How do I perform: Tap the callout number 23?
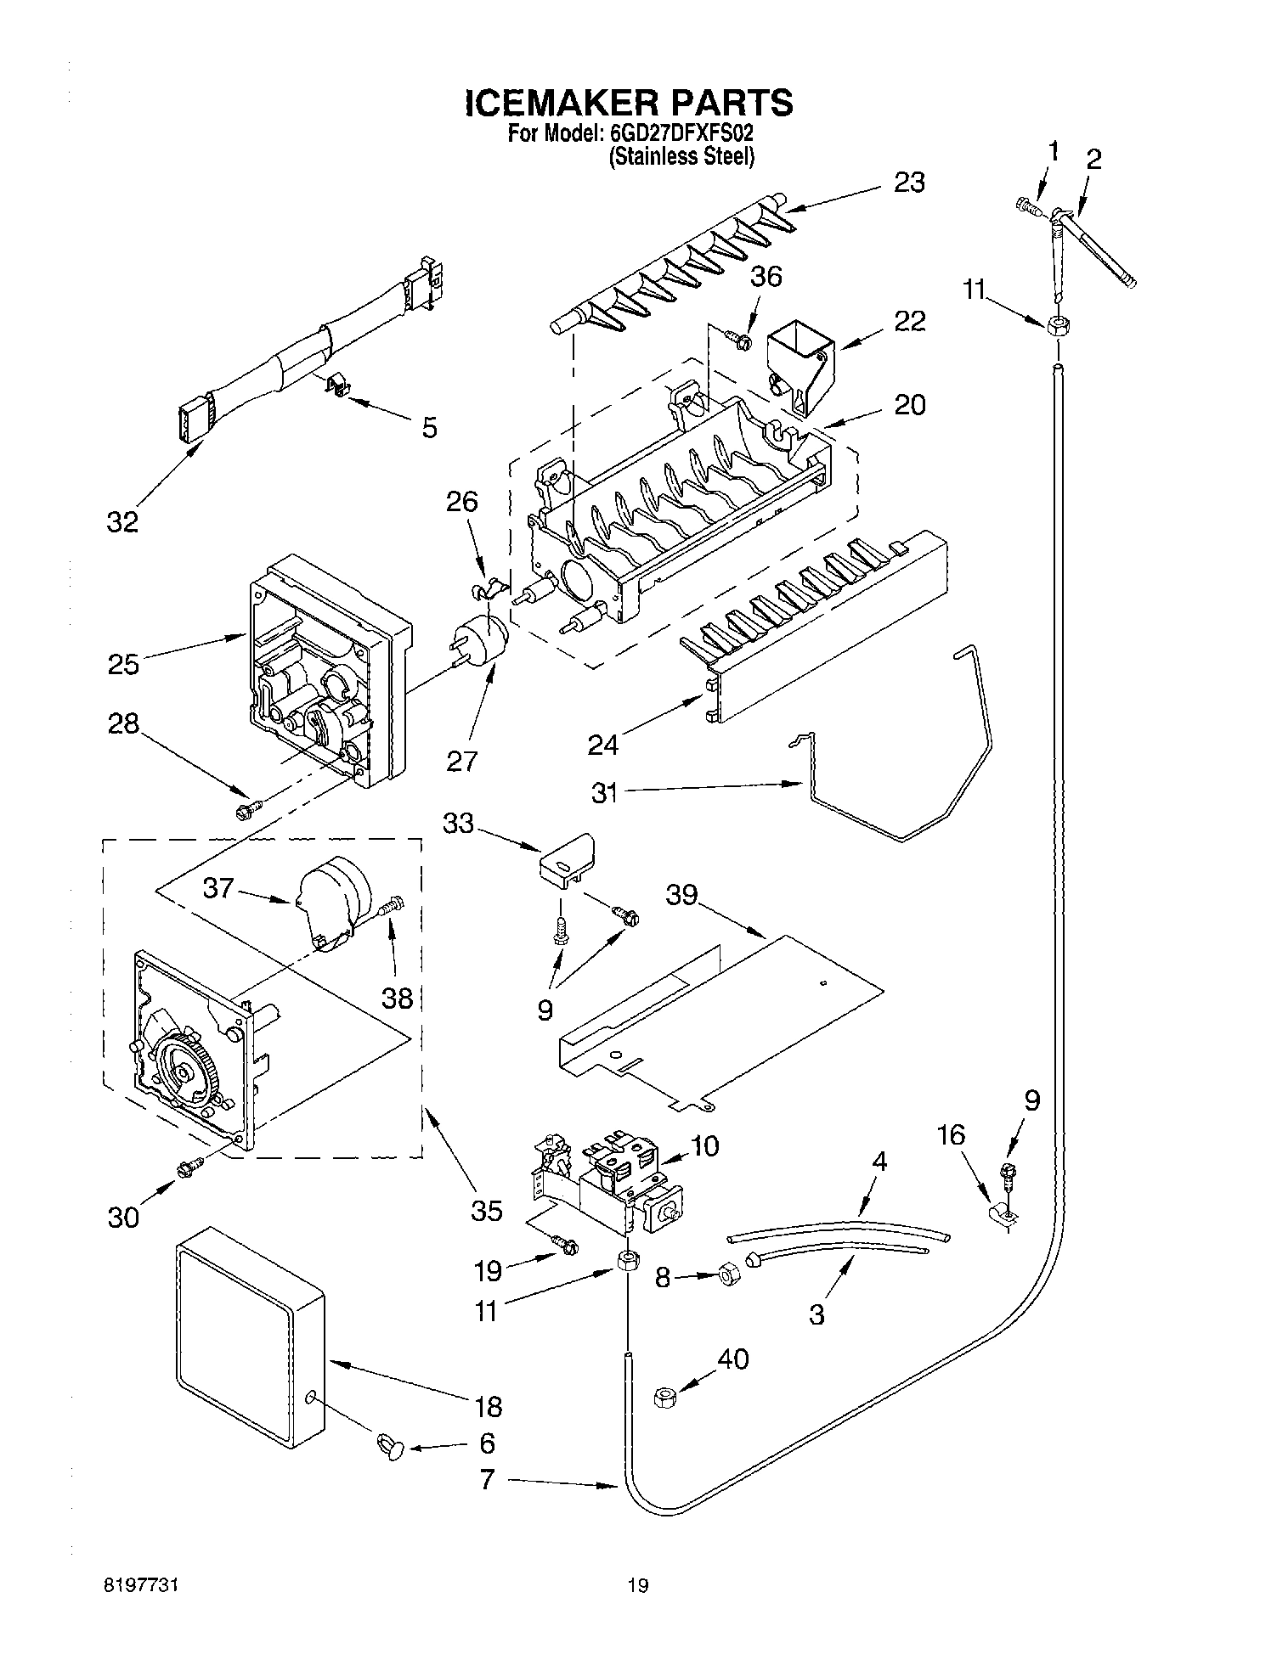908,183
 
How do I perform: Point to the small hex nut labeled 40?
665,1398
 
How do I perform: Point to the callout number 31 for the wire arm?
605,793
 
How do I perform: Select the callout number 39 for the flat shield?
681,894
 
